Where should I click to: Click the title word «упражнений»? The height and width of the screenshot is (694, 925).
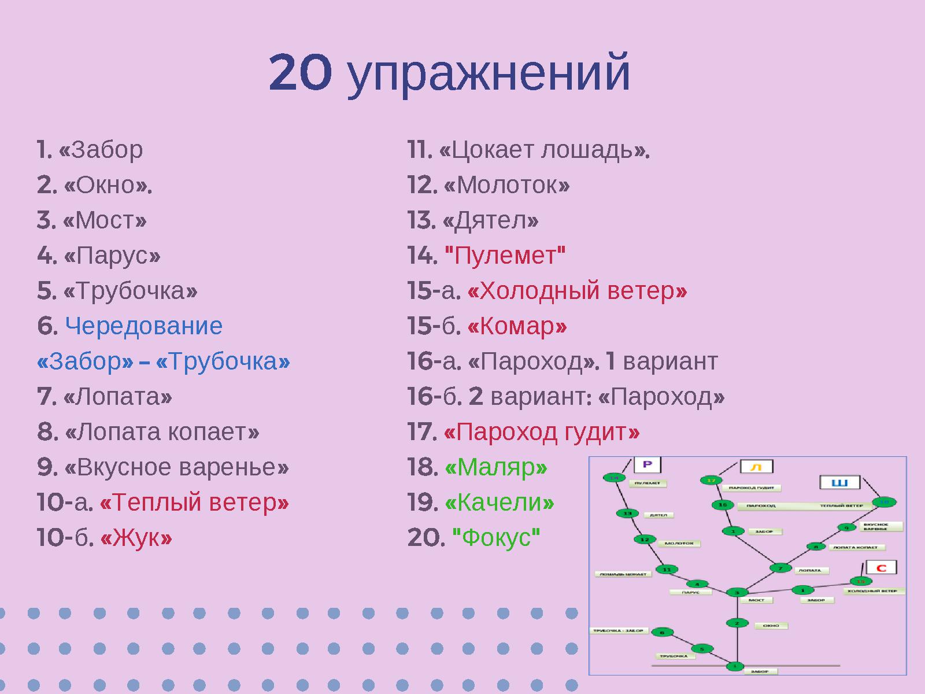[489, 74]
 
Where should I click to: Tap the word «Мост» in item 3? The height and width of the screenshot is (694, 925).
[105, 221]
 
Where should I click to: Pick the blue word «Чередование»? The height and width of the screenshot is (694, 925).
[143, 326]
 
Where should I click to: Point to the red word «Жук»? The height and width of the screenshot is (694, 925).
[136, 538]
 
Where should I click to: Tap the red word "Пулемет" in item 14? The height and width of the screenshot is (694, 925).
[505, 256]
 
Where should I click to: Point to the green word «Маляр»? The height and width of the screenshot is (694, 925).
[496, 467]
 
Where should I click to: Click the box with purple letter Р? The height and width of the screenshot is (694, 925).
[647, 465]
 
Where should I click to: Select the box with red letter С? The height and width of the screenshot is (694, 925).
[881, 567]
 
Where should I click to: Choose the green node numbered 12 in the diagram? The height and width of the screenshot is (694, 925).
[645, 540]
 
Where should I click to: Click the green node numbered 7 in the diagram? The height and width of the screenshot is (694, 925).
[780, 568]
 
